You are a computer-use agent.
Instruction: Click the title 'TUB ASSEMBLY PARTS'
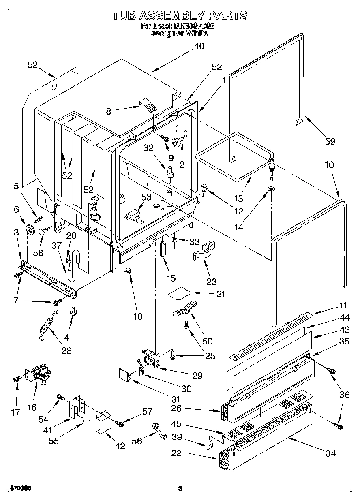179,15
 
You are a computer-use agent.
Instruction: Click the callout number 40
199,46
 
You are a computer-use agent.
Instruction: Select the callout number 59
330,141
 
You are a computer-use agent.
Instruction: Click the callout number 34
331,453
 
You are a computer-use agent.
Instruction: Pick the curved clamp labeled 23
204,252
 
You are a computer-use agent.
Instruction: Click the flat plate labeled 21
179,293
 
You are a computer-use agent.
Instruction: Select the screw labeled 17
17,378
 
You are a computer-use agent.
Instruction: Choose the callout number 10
329,165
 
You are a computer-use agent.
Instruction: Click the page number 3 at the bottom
180,488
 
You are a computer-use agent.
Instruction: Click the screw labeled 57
120,423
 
